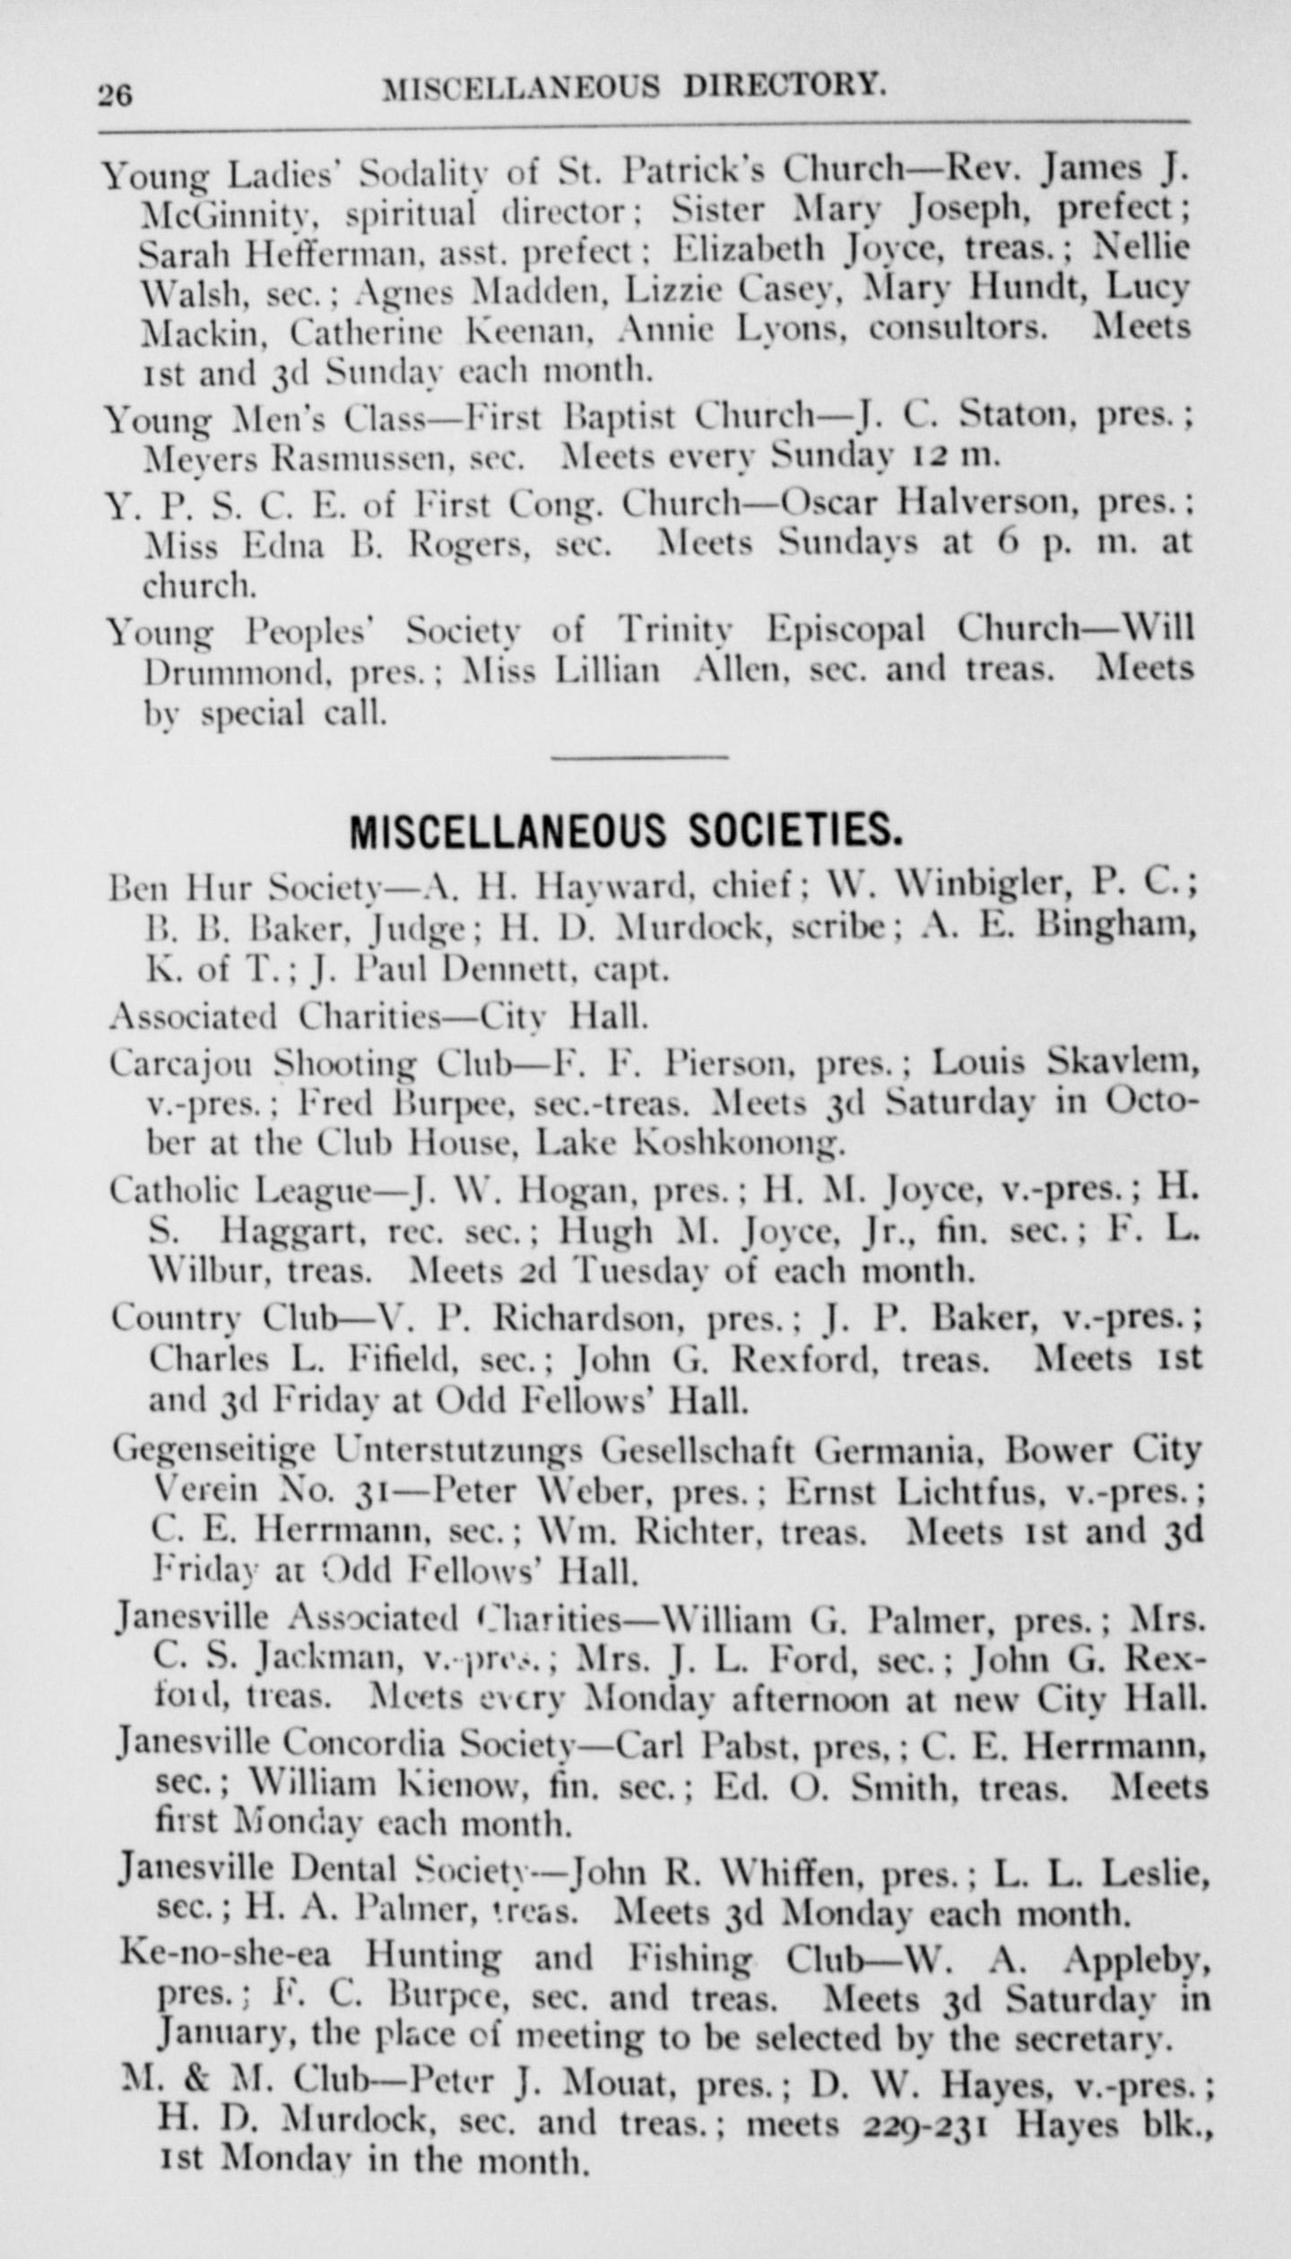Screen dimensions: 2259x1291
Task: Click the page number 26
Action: [x=116, y=94]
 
